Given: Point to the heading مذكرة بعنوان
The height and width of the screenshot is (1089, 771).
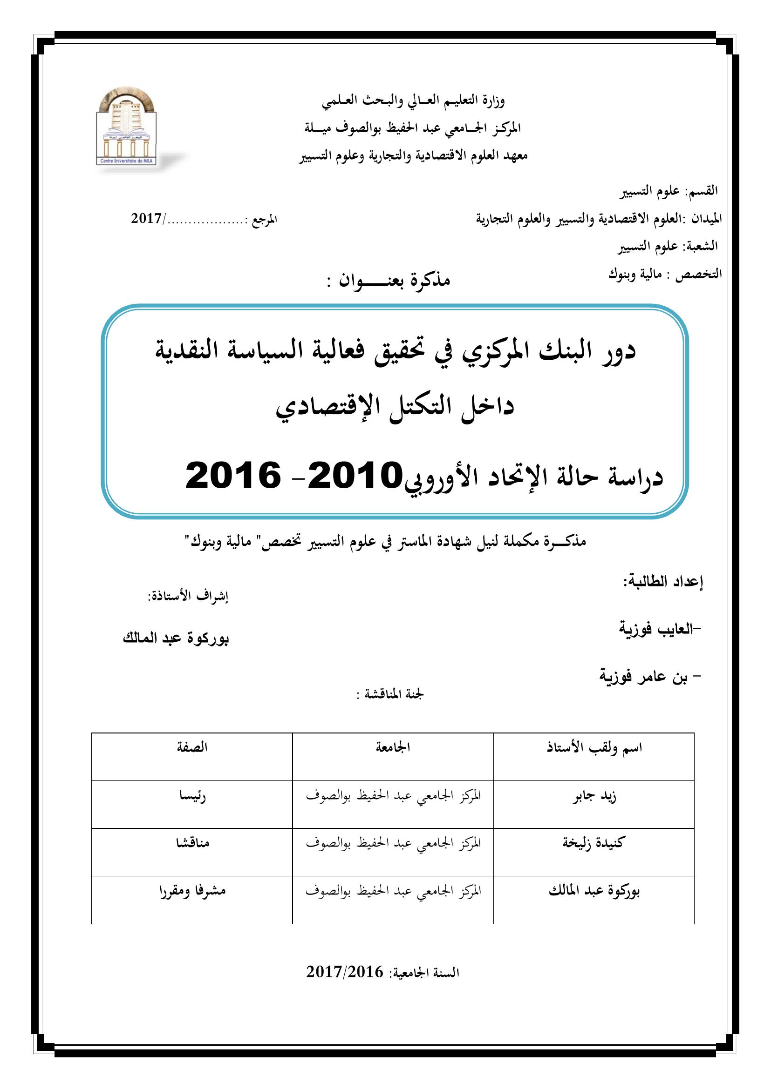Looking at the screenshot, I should point(394,281).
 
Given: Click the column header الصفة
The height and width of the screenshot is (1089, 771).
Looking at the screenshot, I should point(192,748).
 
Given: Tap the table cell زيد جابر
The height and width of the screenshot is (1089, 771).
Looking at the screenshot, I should point(594,796).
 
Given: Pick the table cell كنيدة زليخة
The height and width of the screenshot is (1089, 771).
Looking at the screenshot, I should point(594,843).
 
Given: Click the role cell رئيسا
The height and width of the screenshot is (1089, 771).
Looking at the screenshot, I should point(192,796).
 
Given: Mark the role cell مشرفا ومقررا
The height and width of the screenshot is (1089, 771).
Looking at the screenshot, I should point(192,890).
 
